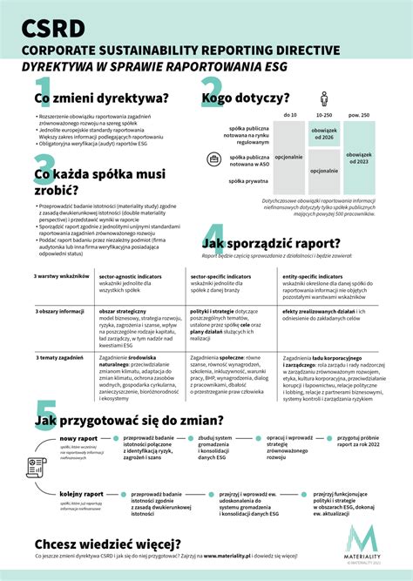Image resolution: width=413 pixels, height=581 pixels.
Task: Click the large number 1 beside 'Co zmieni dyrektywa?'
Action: (44, 93)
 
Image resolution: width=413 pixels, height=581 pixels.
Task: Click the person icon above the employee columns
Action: (324, 98)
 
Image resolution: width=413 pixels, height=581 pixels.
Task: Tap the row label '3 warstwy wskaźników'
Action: (63, 276)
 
